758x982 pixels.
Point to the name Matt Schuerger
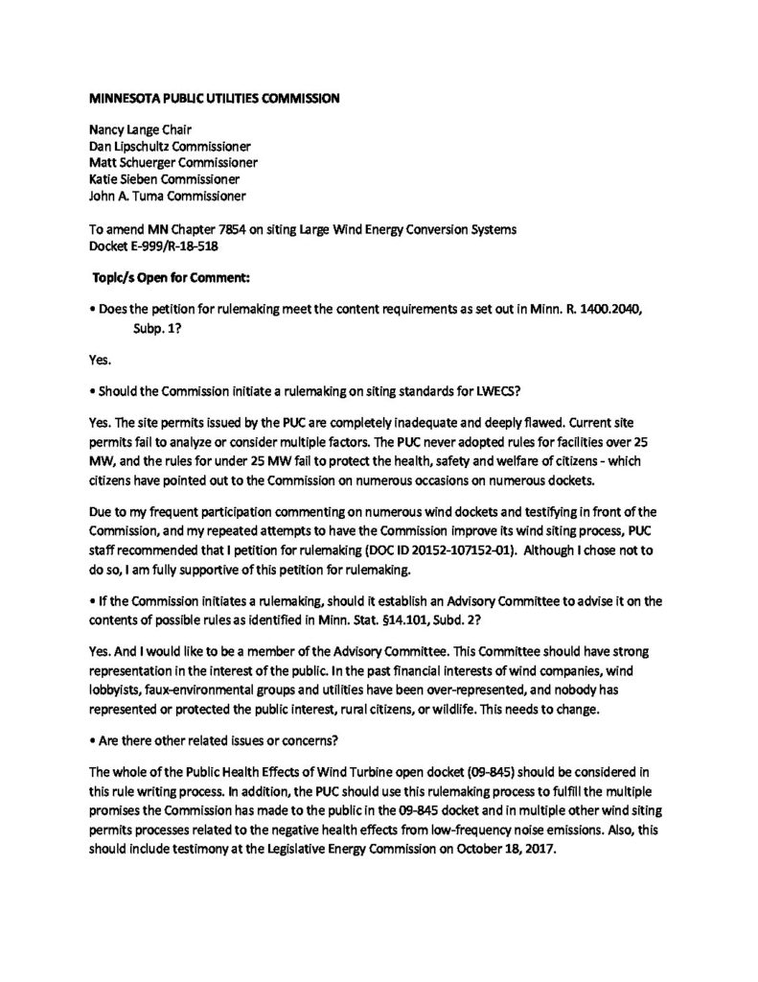tap(131, 164)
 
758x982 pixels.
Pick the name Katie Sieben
tap(122, 180)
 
